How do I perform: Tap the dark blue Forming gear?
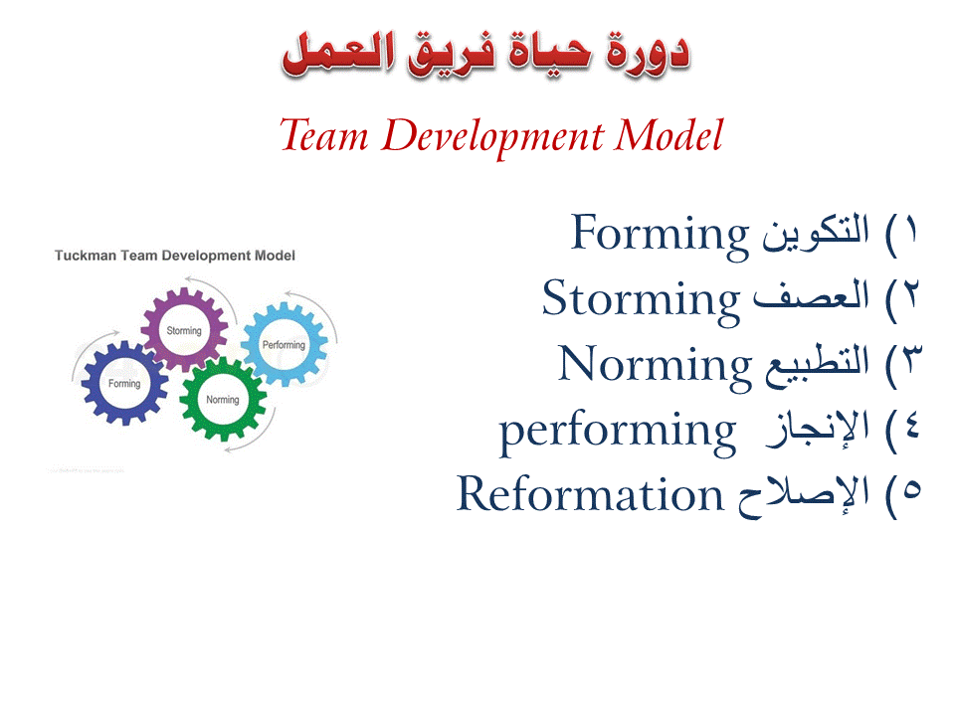[x=125, y=384]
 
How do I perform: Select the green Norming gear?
[x=223, y=400]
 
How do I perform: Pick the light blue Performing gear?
[x=284, y=344]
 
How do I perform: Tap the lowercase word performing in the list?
[x=617, y=430]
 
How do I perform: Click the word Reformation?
[x=589, y=493]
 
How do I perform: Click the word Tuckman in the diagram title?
[x=86, y=256]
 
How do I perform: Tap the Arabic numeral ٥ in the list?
[x=910, y=494]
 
